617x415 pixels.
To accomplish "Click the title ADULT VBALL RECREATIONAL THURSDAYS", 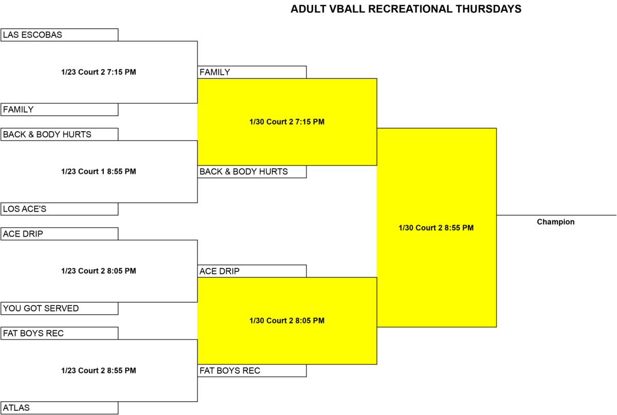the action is [x=406, y=9].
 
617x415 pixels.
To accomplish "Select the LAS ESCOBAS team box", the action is [x=60, y=35].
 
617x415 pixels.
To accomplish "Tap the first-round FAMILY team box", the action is [x=60, y=110].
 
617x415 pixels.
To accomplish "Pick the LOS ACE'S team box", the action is [x=60, y=209].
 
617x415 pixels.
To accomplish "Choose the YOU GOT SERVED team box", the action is [x=60, y=309].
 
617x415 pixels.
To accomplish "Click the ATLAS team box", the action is [x=60, y=408].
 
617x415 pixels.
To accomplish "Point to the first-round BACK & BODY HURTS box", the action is [x=60, y=134].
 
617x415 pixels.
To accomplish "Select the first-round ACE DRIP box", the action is [x=60, y=234].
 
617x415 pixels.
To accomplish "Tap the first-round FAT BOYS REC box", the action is [x=60, y=333].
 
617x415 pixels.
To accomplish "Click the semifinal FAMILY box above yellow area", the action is [x=252, y=72].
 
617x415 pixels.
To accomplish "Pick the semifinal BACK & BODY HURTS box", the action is [x=252, y=172].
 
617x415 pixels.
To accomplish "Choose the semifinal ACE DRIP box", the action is [x=252, y=271].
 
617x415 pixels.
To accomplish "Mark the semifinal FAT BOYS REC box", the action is [x=252, y=371].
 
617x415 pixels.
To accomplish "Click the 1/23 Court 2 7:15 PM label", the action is [x=99, y=72].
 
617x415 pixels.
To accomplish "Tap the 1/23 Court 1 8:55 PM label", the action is [x=99, y=171].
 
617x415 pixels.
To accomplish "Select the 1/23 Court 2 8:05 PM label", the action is [x=99, y=271].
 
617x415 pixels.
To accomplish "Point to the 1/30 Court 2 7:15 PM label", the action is [x=287, y=122].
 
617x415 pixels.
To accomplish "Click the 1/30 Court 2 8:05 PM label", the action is [x=287, y=321].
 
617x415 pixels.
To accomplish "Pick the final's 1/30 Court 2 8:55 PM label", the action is [x=436, y=228].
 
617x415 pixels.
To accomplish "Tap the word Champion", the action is [x=556, y=222].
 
